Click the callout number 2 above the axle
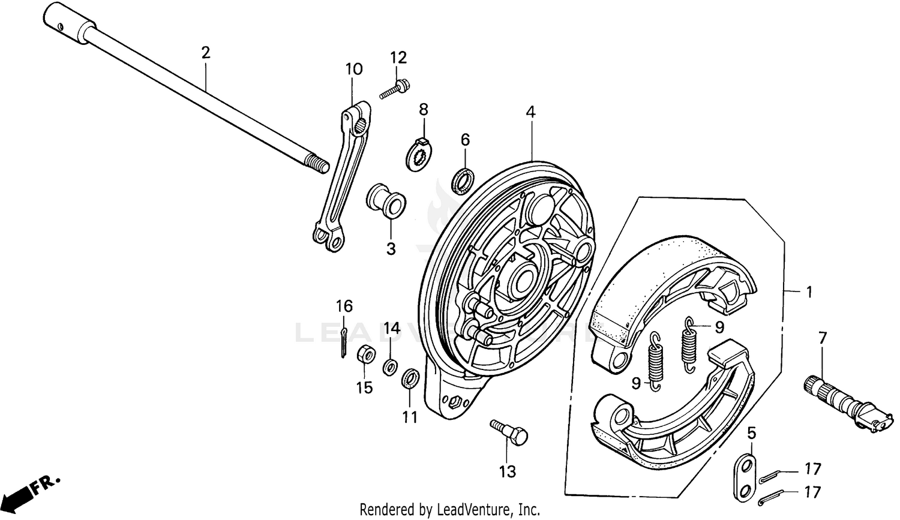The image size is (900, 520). click(x=206, y=53)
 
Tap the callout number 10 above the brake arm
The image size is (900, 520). click(x=353, y=69)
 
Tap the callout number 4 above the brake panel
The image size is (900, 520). click(x=530, y=112)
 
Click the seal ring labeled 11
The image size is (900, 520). click(x=410, y=378)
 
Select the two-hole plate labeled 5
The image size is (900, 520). click(x=744, y=478)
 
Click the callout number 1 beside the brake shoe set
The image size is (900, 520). click(x=809, y=292)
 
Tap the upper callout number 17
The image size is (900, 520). click(x=812, y=468)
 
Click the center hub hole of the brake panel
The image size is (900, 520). click(x=523, y=279)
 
